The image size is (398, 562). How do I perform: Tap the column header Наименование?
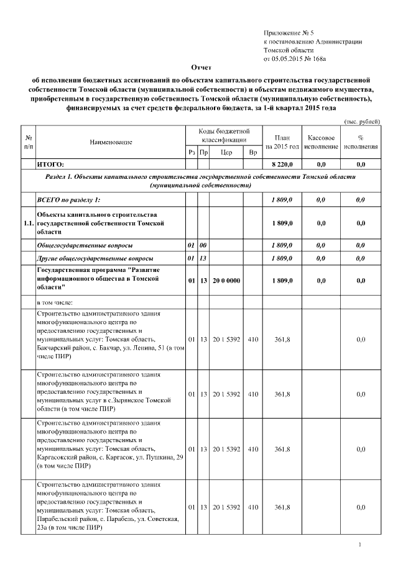point(111,142)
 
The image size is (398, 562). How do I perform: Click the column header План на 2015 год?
point(282,142)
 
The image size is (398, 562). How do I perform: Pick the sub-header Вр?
point(252,152)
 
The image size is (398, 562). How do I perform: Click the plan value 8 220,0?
point(282,165)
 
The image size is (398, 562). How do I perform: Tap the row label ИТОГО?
point(51,165)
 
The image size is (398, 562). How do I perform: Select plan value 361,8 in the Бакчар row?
point(282,339)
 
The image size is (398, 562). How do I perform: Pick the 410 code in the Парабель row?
point(252,507)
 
